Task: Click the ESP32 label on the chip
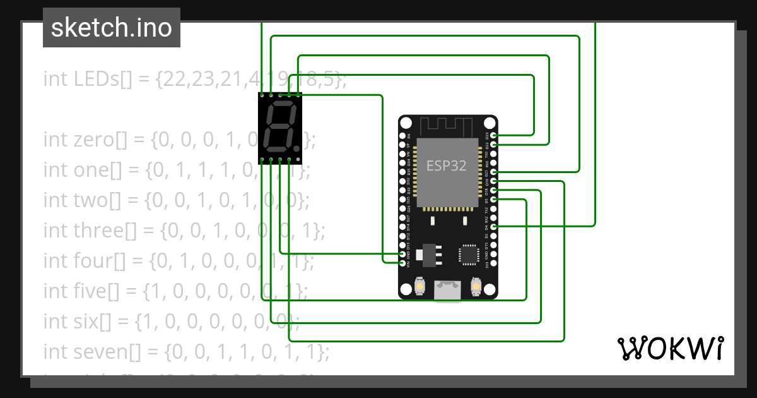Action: coord(447,166)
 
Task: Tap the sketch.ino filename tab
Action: coord(112,28)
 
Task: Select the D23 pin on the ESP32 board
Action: coord(494,135)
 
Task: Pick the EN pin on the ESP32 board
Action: coord(403,135)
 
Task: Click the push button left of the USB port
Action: coord(419,287)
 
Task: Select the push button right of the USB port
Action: coord(476,287)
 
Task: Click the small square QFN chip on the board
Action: coord(469,254)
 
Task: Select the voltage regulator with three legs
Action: coord(430,253)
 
